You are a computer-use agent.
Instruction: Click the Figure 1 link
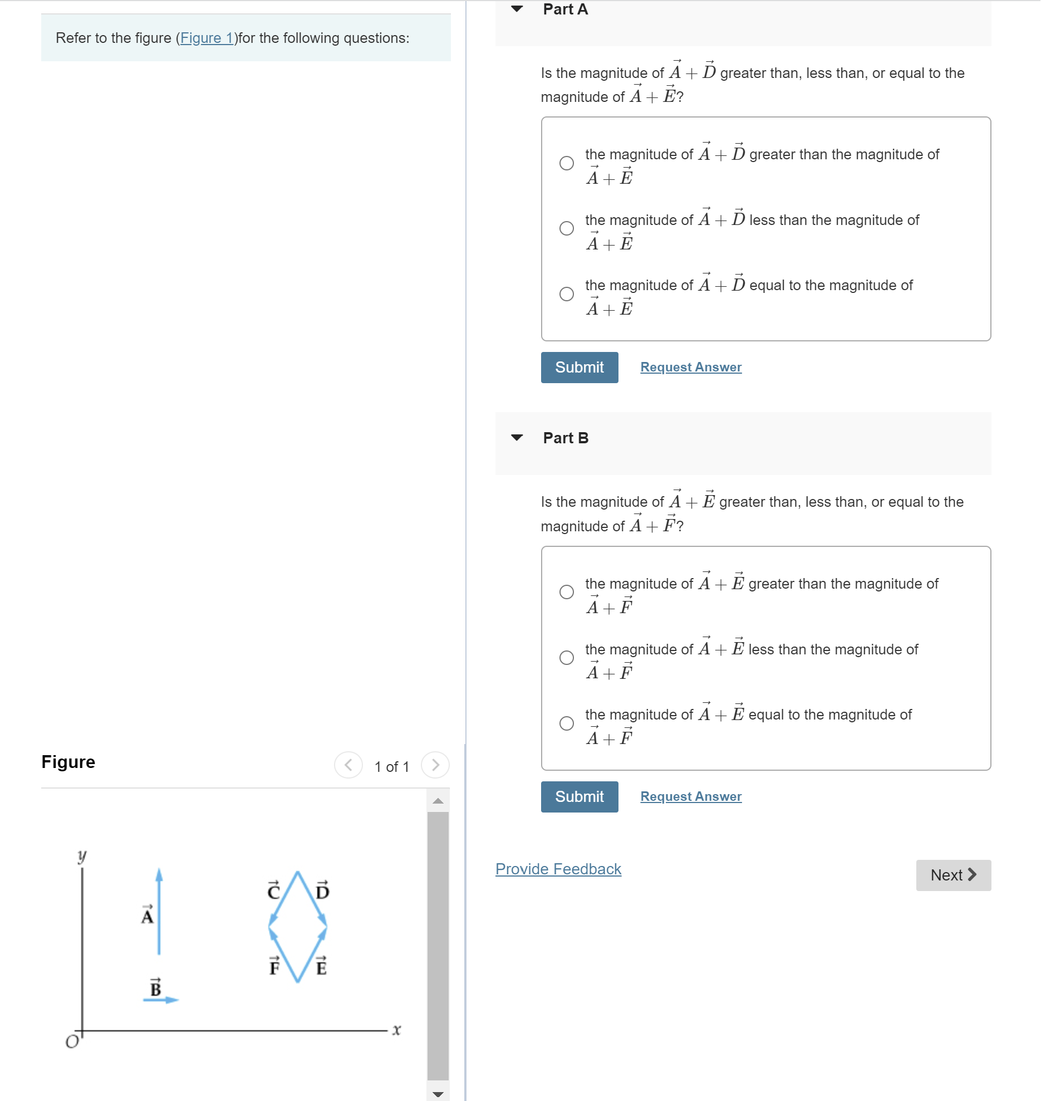207,38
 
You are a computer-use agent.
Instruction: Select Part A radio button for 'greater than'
566,163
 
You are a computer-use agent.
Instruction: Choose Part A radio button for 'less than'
566,228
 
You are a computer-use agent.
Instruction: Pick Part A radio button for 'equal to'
566,294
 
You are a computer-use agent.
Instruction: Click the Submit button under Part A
579,368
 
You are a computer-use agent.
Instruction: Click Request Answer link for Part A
690,368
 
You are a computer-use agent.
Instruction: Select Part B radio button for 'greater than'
566,592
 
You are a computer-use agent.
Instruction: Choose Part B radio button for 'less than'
566,658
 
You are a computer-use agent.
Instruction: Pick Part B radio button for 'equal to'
566,723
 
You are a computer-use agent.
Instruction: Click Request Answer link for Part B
690,797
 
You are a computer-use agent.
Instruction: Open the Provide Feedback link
558,869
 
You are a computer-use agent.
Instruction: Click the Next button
953,875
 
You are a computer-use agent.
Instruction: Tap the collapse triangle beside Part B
517,438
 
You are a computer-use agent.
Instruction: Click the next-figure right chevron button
435,765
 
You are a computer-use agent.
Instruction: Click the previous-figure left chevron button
348,765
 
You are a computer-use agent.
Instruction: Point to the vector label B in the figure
155,987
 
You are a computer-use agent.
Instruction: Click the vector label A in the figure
147,915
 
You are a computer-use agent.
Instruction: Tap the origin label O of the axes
72,1042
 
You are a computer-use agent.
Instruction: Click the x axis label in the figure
396,1030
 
